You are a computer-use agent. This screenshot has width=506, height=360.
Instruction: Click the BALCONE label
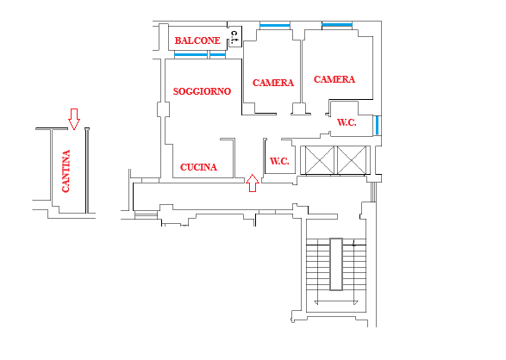(197, 40)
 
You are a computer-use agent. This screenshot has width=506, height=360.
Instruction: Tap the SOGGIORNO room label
(202, 91)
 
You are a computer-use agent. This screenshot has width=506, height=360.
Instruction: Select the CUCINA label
(198, 167)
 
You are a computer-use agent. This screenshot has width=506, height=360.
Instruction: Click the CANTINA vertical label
(66, 171)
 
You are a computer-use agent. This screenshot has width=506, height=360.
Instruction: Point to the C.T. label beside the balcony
(234, 37)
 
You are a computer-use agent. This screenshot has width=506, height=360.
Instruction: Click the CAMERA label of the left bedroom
(273, 83)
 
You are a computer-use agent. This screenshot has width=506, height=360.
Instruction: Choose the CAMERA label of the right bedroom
(334, 79)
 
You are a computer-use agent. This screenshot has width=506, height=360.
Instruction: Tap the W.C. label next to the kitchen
(279, 161)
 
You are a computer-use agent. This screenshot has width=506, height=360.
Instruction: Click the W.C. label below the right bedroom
(347, 122)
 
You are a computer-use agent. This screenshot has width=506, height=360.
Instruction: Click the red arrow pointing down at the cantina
(74, 119)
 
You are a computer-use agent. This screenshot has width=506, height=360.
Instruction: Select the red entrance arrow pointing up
(253, 183)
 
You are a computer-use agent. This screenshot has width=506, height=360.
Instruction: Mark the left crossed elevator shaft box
(319, 160)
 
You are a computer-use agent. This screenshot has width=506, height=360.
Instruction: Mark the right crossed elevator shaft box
(352, 160)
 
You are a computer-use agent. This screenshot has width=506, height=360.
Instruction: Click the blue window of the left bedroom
(275, 26)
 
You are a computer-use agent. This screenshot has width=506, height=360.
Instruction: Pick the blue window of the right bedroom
(337, 25)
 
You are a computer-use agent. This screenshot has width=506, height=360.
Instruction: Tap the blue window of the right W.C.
(377, 125)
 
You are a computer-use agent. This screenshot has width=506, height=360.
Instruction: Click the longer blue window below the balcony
(191, 55)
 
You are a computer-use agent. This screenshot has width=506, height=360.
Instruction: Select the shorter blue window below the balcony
(217, 55)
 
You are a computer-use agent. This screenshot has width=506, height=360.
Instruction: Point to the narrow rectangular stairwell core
(336, 264)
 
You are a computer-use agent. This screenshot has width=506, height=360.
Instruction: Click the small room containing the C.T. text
(235, 37)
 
